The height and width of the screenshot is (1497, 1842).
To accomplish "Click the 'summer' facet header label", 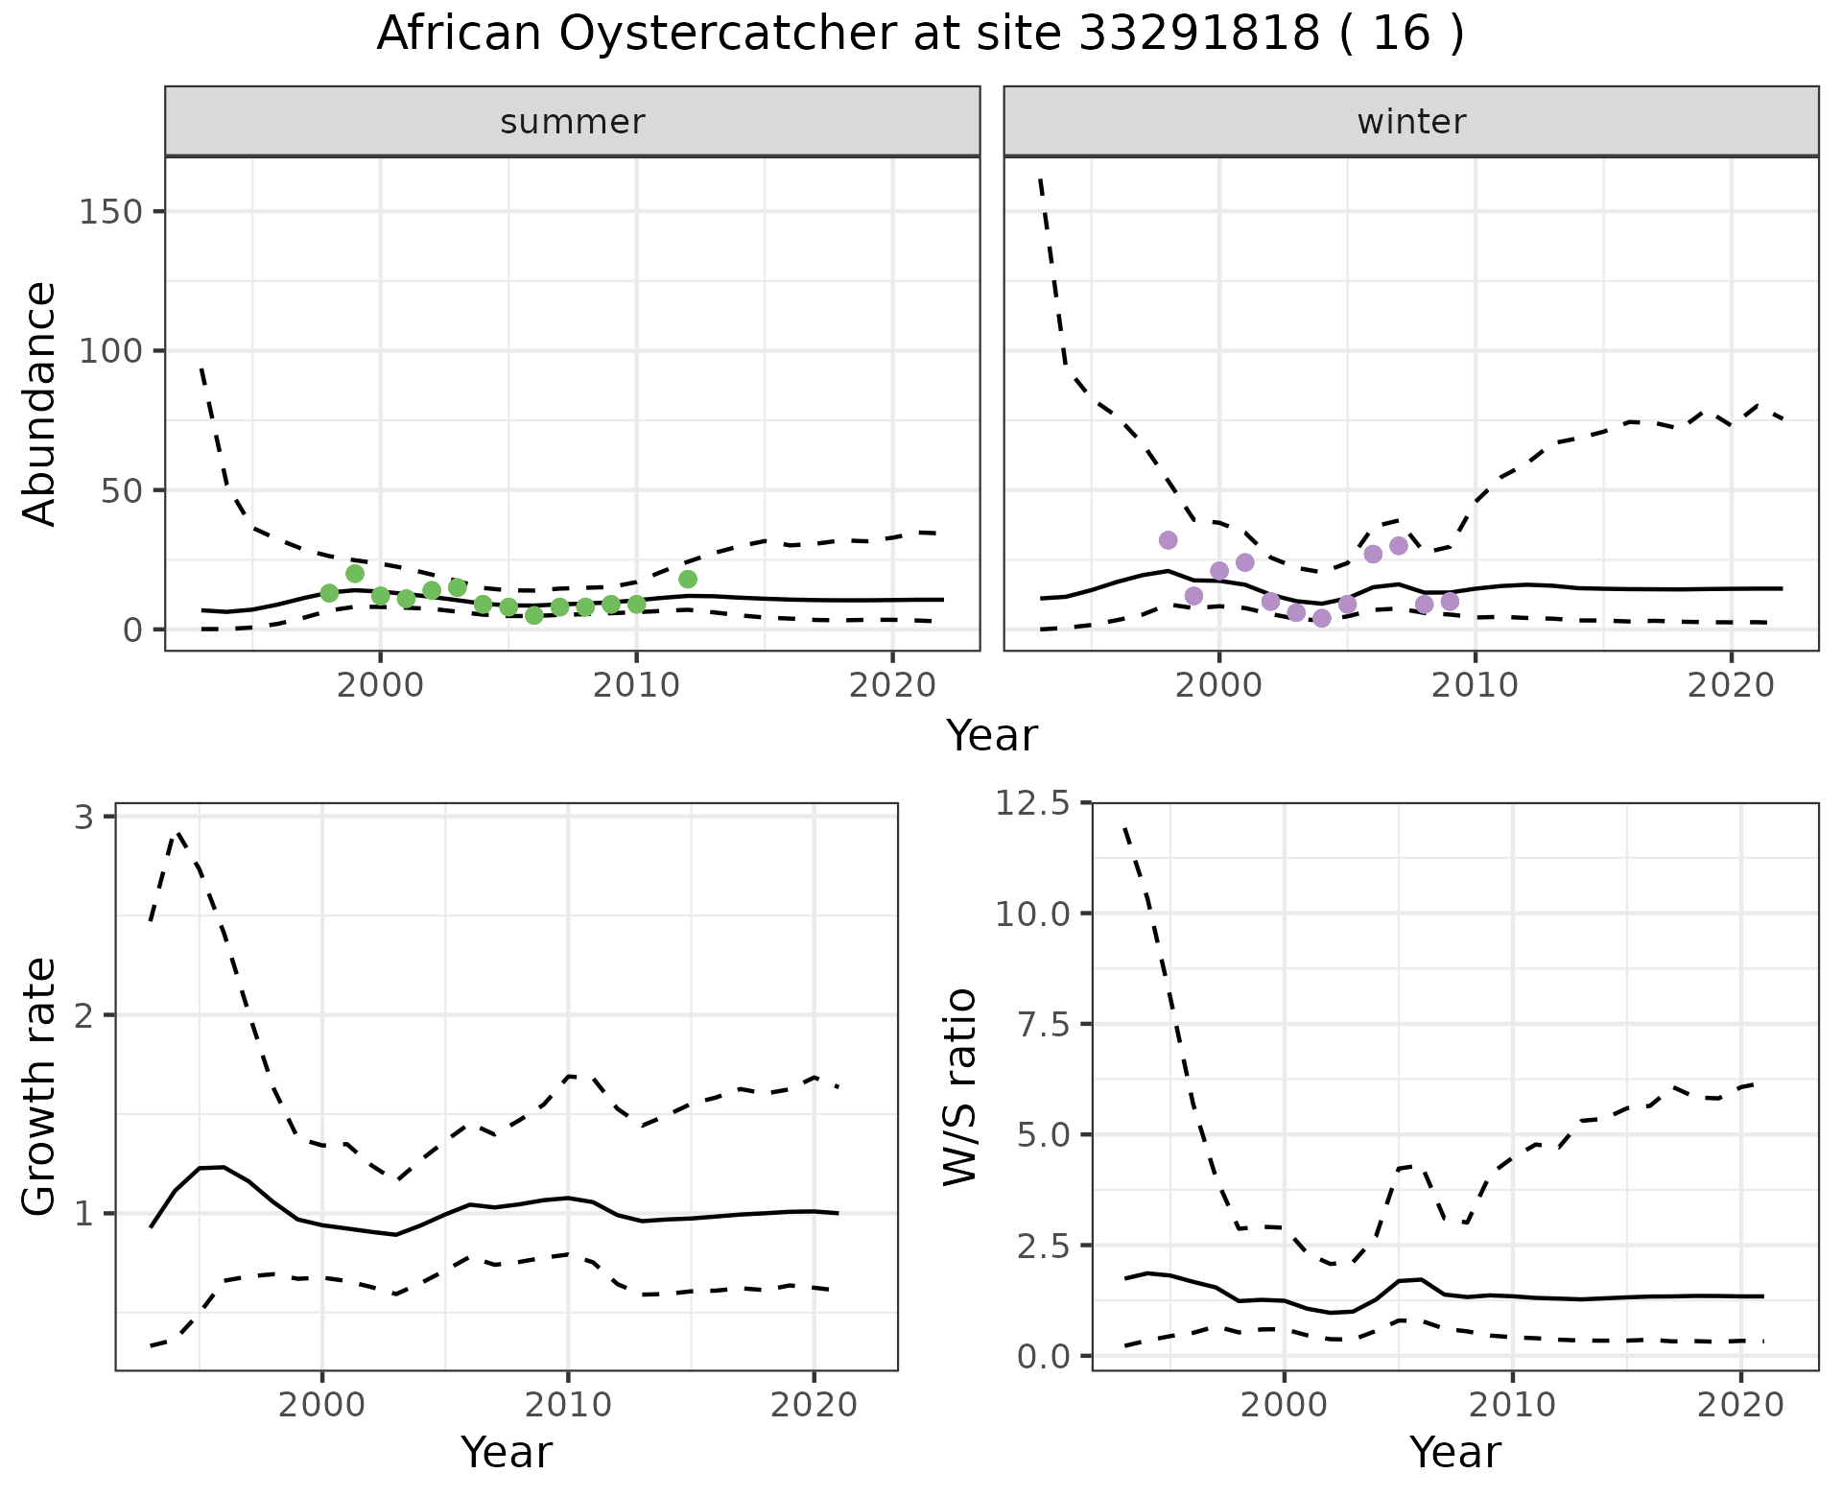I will click(573, 122).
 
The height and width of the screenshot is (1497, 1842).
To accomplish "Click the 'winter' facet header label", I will click(1411, 122).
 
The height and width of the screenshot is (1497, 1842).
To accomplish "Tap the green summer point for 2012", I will click(687, 579).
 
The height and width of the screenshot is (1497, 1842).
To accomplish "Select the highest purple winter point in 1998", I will click(1168, 540).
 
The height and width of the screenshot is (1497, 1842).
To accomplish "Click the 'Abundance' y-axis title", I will click(40, 403).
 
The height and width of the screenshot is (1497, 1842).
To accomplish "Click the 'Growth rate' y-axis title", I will click(40, 1087).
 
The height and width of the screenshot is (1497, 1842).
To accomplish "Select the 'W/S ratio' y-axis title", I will click(960, 1087).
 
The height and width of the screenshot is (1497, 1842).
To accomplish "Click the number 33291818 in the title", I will click(1198, 35).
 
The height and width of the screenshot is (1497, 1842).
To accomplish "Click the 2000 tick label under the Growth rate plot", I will click(322, 1405).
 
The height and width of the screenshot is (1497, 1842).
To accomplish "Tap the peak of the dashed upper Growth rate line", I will click(177, 834).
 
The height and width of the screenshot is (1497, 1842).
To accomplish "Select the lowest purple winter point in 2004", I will click(1321, 618).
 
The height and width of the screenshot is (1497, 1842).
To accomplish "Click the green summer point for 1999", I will click(354, 574).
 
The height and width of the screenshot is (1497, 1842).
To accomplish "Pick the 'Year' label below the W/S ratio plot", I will click(1454, 1452).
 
